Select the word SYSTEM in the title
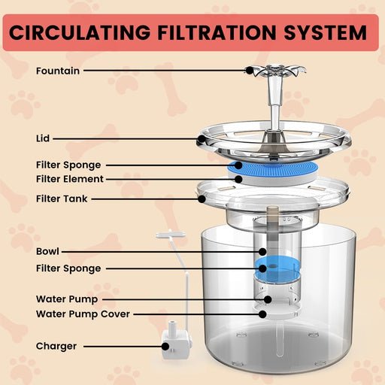point(329,33)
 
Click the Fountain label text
point(58,71)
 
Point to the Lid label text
point(43,138)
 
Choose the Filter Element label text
point(69,179)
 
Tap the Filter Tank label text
point(62,199)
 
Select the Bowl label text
point(47,250)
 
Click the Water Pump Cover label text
point(83,314)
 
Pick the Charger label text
point(56,347)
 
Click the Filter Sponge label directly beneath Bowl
point(68,268)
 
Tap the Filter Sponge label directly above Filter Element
point(68,165)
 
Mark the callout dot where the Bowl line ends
point(262,250)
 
